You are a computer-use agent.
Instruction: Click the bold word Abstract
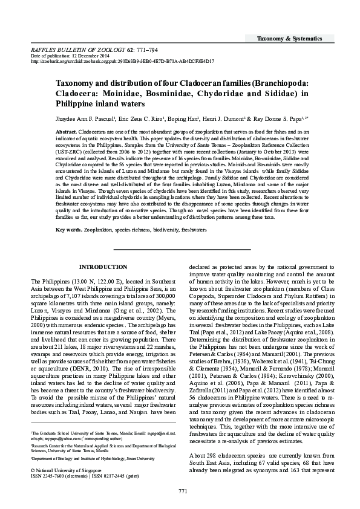(66, 131)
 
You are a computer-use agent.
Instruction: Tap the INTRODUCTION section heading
(103, 267)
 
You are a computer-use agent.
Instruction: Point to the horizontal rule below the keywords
(180, 249)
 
